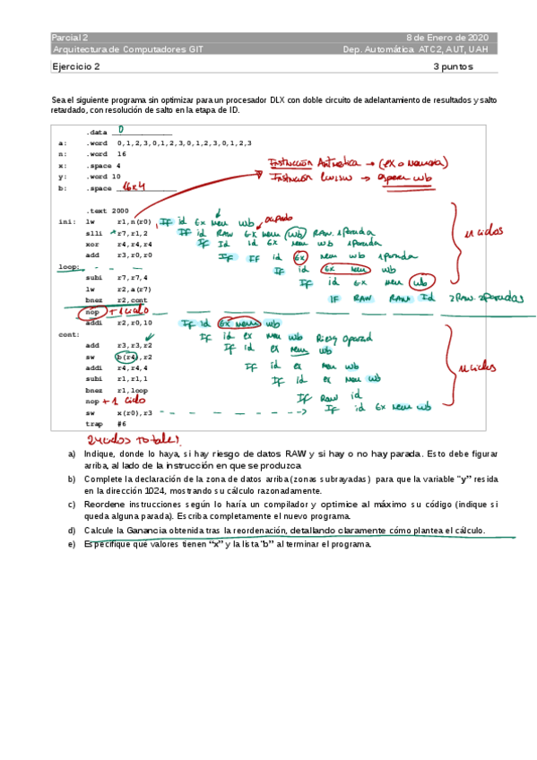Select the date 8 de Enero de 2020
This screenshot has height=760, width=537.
tap(447, 38)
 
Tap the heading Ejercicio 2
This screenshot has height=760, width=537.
tap(76, 66)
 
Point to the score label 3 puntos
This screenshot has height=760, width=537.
tap(454, 66)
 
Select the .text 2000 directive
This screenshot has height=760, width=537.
tap(108, 210)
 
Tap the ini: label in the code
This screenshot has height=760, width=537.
tap(66, 221)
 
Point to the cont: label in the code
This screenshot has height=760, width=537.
tap(69, 333)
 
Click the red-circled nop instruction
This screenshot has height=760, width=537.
tap(92, 311)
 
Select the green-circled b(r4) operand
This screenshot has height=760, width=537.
tap(126, 357)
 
